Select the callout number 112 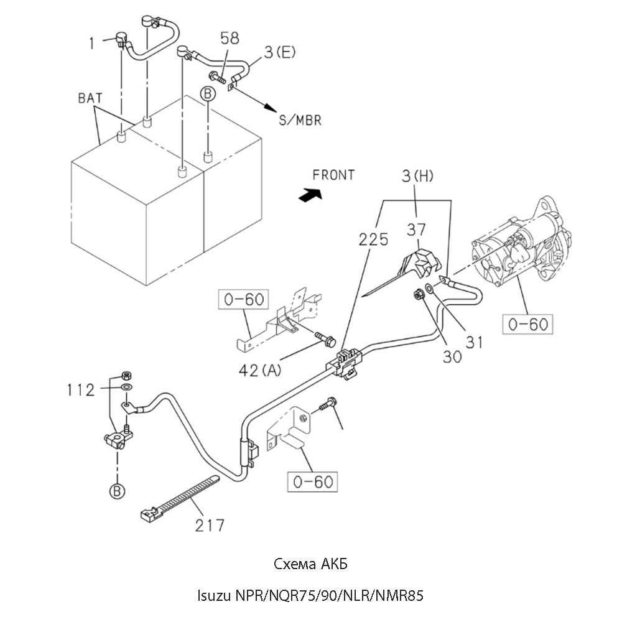[x=81, y=391]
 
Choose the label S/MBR [x=300, y=121]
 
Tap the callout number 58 [x=230, y=39]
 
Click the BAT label [x=91, y=98]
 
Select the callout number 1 [x=91, y=44]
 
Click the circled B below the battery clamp [x=117, y=491]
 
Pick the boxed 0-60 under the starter [x=528, y=324]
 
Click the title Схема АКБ [x=310, y=565]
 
